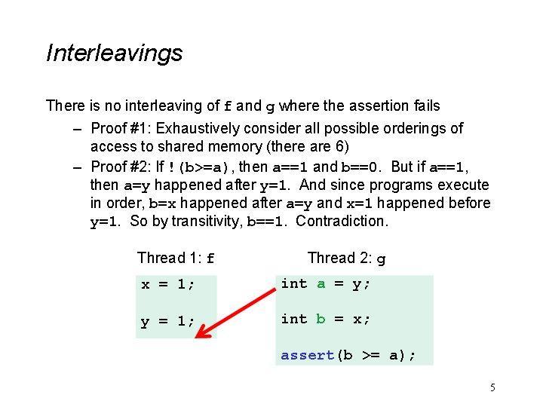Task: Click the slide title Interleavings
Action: coord(115,54)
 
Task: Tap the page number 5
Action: coord(492,387)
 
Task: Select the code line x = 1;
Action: coord(167,285)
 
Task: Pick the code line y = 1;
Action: coord(167,322)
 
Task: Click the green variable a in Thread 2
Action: coord(321,284)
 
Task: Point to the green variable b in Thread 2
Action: coord(321,318)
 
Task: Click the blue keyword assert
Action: coord(307,356)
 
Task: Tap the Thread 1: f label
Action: coord(176,258)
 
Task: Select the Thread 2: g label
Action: coord(346,259)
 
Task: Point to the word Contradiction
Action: coord(342,221)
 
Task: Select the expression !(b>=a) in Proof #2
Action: coord(198,168)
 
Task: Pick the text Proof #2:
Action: coord(121,167)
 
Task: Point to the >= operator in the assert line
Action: coord(371,356)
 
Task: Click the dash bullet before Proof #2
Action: coord(78,168)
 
